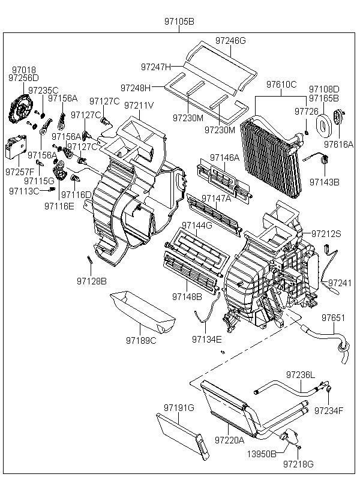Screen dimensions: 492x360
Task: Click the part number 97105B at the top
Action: [x=179, y=22]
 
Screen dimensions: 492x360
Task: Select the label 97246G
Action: [x=231, y=41]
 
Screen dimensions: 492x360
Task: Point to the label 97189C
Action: [x=141, y=340]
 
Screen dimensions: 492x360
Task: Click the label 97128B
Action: [x=91, y=280]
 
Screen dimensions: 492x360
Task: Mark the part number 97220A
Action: [x=230, y=440]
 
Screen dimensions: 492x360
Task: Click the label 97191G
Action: [x=179, y=408]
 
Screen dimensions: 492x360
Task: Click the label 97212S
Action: [x=326, y=234]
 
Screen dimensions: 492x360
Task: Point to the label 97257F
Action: [x=20, y=172]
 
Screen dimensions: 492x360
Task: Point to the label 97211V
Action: [x=139, y=106]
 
